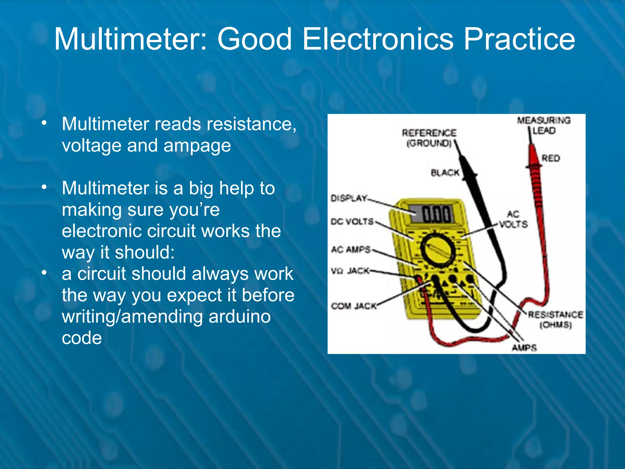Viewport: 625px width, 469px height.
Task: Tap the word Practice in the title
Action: coord(519,39)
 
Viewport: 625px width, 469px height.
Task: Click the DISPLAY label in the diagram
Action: coord(349,198)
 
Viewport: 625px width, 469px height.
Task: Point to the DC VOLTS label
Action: coord(352,222)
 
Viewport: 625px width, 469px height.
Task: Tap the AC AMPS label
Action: coord(351,250)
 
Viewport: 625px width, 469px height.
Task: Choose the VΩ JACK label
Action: coord(350,271)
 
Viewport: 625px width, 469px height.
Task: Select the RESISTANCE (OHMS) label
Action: coord(555,319)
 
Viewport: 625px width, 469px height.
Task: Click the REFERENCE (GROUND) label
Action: coord(429,138)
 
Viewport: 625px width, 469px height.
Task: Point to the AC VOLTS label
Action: coord(513,219)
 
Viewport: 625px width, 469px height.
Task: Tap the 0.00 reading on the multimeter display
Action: coord(436,214)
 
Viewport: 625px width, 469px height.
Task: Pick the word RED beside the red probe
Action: coord(551,158)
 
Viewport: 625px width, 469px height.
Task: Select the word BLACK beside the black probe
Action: coord(445,173)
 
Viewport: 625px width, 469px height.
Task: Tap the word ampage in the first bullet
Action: coord(197,146)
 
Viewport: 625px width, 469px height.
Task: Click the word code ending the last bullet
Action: coord(82,338)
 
